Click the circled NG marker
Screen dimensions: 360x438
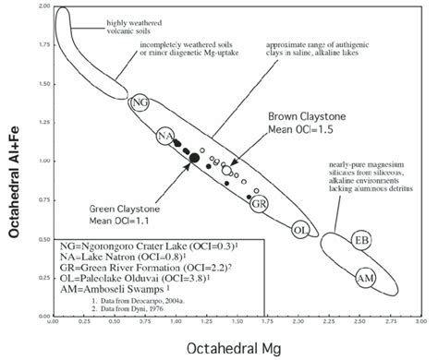pos(140,102)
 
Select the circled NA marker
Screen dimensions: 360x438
pos(166,137)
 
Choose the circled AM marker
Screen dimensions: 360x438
pos(365,277)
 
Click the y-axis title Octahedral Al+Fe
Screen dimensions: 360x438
pos(14,167)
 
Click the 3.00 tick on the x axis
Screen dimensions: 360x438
pos(420,322)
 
